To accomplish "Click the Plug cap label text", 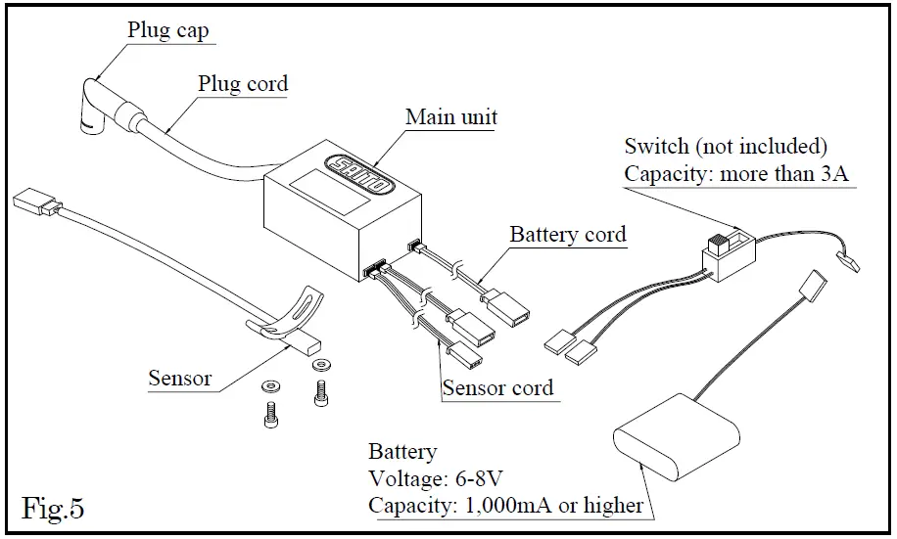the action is pyautogui.click(x=167, y=30).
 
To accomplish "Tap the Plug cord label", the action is pyautogui.click(x=243, y=84).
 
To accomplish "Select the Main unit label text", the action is pyautogui.click(x=451, y=117).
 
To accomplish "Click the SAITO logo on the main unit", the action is pyautogui.click(x=358, y=174).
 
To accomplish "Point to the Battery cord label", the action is pyautogui.click(x=568, y=235).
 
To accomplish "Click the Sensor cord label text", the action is pyautogui.click(x=497, y=388).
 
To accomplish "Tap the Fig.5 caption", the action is pyautogui.click(x=53, y=508).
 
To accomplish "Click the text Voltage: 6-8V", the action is pyautogui.click(x=436, y=478).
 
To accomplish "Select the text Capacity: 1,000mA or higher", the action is pyautogui.click(x=505, y=506).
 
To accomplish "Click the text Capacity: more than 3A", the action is pyautogui.click(x=736, y=174).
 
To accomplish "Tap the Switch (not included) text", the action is pyautogui.click(x=726, y=147).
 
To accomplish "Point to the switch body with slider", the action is pyautogui.click(x=729, y=255).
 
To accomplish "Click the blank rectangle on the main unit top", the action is pyautogui.click(x=329, y=192).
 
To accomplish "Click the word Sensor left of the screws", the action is pyautogui.click(x=179, y=379).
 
